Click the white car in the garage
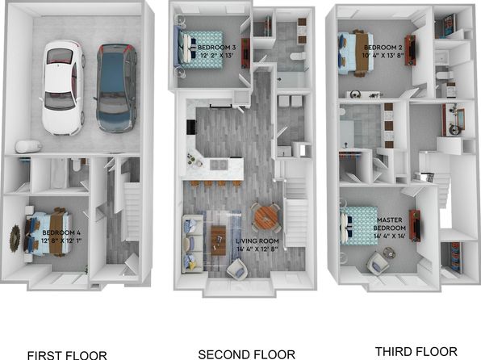63,88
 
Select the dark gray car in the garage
116,89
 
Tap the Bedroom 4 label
61,237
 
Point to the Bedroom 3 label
217,51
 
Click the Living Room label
257,245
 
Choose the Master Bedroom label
390,228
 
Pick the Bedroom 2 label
383,51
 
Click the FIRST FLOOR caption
67,355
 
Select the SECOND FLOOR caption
247,354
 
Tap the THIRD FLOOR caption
416,351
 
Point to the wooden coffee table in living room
219,241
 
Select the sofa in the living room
192,244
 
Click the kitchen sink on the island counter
219,165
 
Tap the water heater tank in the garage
28,147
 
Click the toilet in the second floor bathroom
298,57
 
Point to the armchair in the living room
237,269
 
